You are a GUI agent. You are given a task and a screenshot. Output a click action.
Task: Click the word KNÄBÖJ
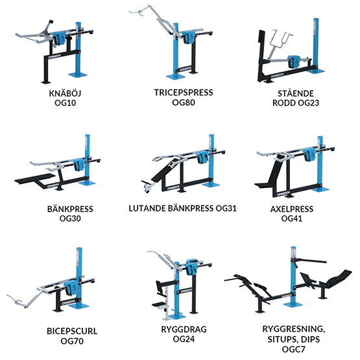point(65,93)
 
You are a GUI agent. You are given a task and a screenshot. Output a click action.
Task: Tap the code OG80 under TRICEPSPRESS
point(184,102)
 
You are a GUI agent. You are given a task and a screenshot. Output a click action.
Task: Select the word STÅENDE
point(296,93)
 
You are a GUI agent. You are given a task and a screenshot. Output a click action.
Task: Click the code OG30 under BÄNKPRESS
point(70,218)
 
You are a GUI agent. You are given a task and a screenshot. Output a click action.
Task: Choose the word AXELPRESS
point(292,209)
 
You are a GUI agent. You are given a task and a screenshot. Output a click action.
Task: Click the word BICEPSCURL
point(72,331)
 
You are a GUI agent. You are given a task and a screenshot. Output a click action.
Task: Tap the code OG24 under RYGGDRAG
point(184,339)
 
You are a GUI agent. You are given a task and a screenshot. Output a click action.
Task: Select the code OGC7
point(294,349)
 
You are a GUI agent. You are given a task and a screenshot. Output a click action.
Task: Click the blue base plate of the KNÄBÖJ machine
point(78,75)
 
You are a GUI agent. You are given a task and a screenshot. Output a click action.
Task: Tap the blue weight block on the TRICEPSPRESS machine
point(189,38)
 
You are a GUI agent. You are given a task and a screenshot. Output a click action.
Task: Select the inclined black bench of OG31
point(166,169)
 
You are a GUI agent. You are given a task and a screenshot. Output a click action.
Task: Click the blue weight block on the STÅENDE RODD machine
point(293,62)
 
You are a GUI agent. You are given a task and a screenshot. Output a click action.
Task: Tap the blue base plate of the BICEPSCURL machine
point(78,306)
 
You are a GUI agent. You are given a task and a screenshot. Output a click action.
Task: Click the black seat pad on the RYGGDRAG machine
point(160,305)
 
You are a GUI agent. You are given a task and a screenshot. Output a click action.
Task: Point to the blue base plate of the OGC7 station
point(293,304)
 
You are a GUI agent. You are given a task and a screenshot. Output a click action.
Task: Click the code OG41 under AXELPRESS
point(292,219)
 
